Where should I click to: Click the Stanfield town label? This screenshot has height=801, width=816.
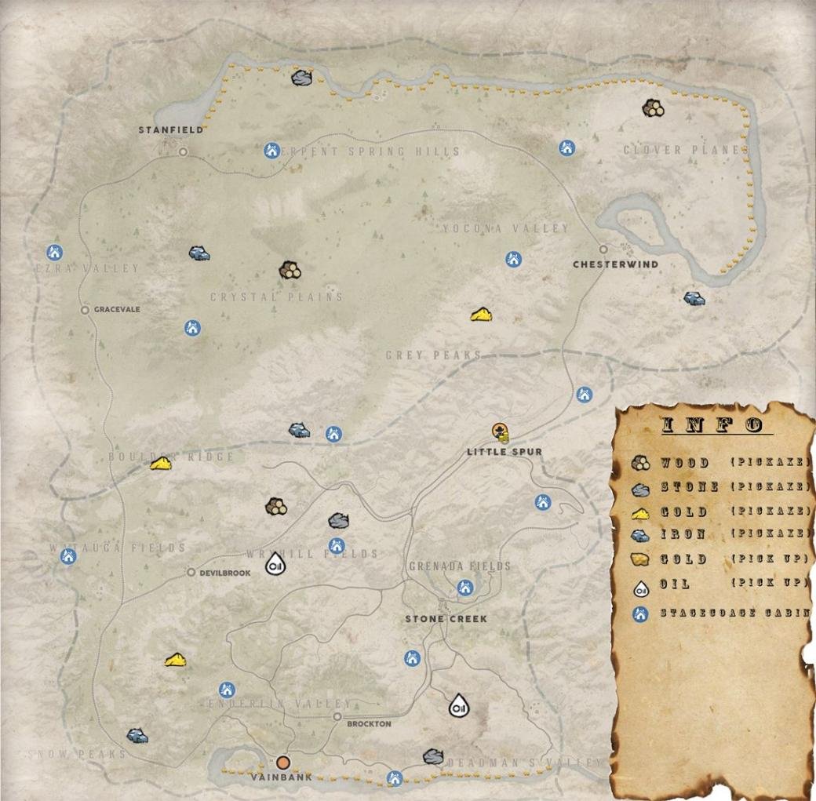pos(171,130)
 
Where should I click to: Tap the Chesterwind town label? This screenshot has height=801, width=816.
pos(615,264)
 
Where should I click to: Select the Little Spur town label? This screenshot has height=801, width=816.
pos(504,452)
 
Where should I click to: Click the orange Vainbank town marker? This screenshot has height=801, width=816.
pos(283,762)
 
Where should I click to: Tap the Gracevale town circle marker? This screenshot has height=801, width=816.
pos(85,310)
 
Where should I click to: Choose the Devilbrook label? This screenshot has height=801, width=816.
pos(224,573)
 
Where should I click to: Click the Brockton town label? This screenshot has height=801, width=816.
pos(368,724)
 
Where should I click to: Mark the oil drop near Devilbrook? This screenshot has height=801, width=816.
pos(275,563)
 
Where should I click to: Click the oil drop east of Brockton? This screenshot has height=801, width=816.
pos(458,706)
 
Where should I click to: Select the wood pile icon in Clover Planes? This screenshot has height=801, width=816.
pos(652,108)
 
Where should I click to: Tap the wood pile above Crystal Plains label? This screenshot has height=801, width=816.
pos(290,271)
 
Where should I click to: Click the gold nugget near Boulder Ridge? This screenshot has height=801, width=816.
pos(161,464)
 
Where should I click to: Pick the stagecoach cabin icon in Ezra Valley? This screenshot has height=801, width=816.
pos(54,252)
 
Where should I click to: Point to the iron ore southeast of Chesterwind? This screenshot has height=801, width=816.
pos(694,298)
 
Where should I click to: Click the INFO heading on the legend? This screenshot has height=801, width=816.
pos(712,425)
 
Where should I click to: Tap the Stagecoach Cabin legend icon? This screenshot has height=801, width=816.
pos(640,613)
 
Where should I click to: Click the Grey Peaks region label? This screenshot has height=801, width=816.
pos(433,355)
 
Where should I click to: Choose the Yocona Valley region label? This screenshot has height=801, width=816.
pos(505,228)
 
